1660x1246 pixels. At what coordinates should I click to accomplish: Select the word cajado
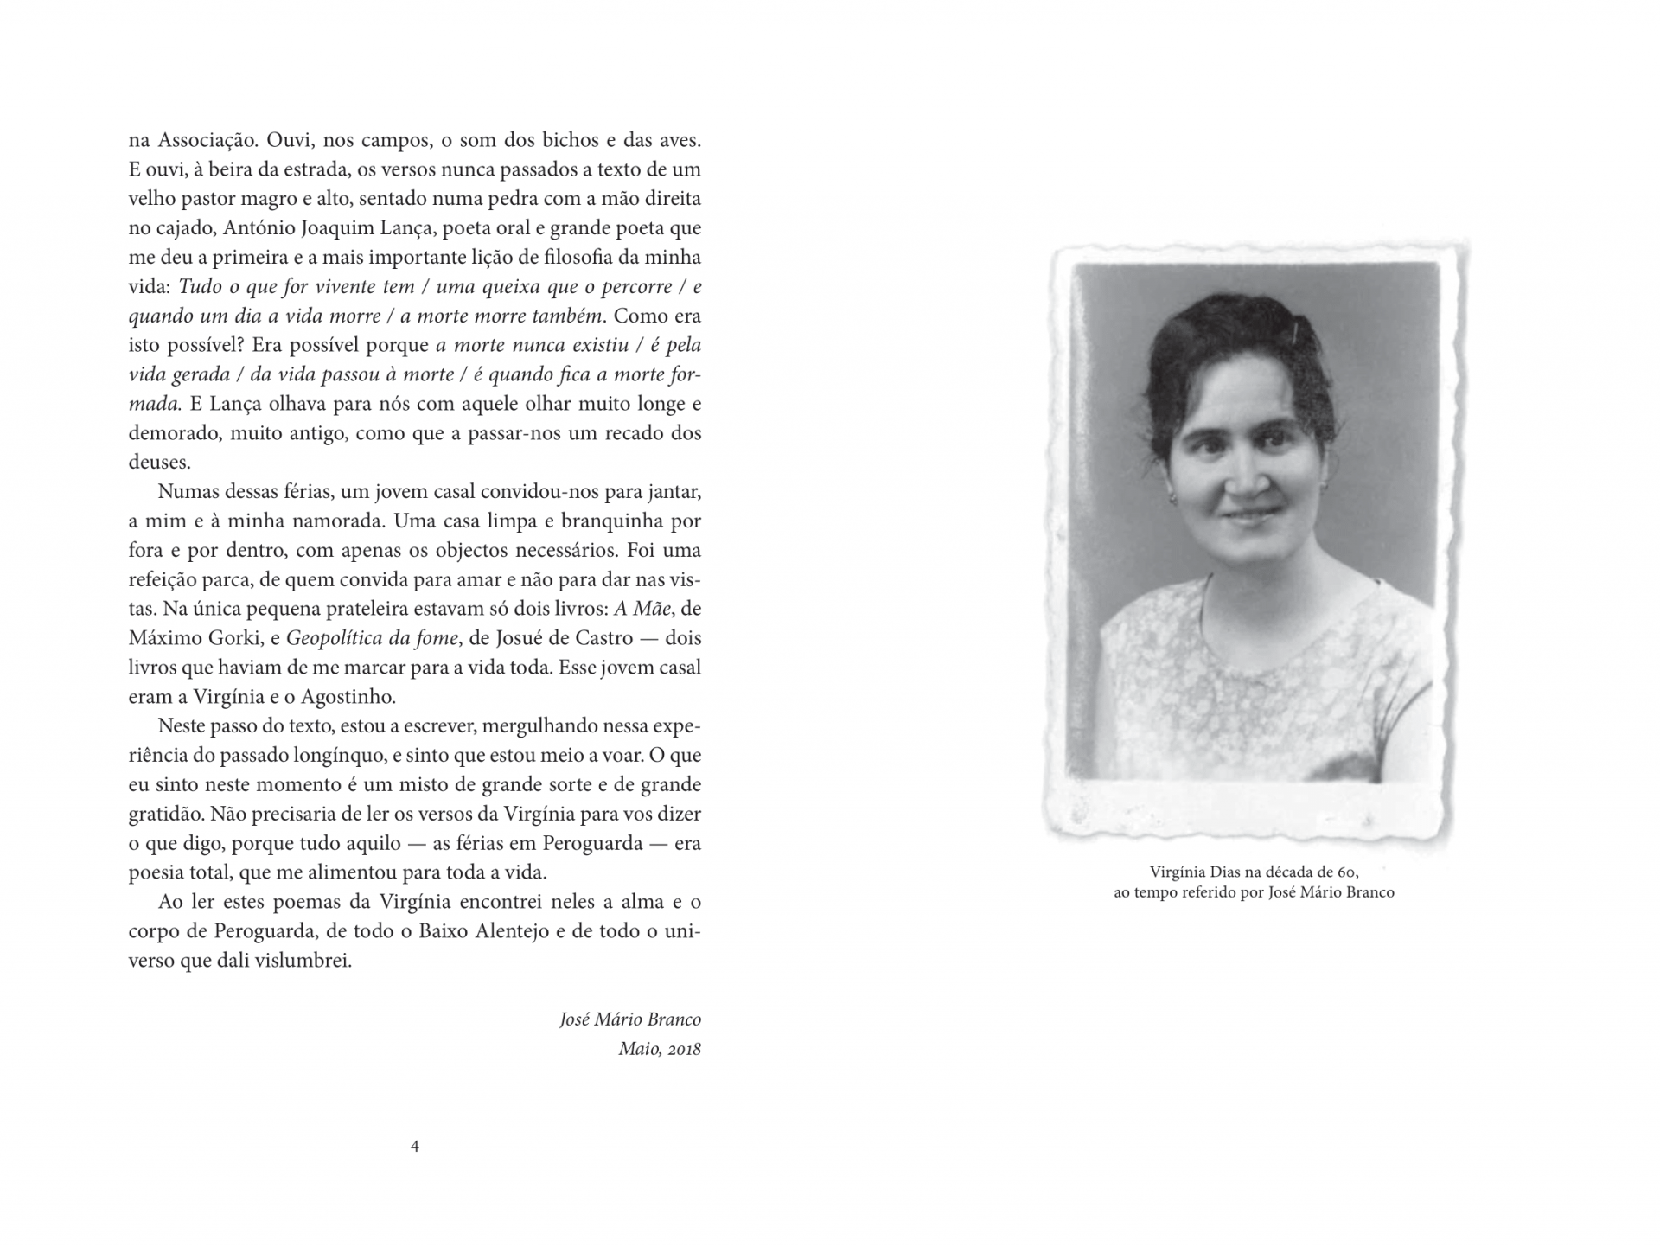(181, 229)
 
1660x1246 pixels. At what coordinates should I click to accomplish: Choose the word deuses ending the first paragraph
(159, 463)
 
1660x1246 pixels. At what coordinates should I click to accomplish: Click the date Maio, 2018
(660, 1050)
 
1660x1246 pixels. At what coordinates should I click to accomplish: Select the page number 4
(415, 1147)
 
